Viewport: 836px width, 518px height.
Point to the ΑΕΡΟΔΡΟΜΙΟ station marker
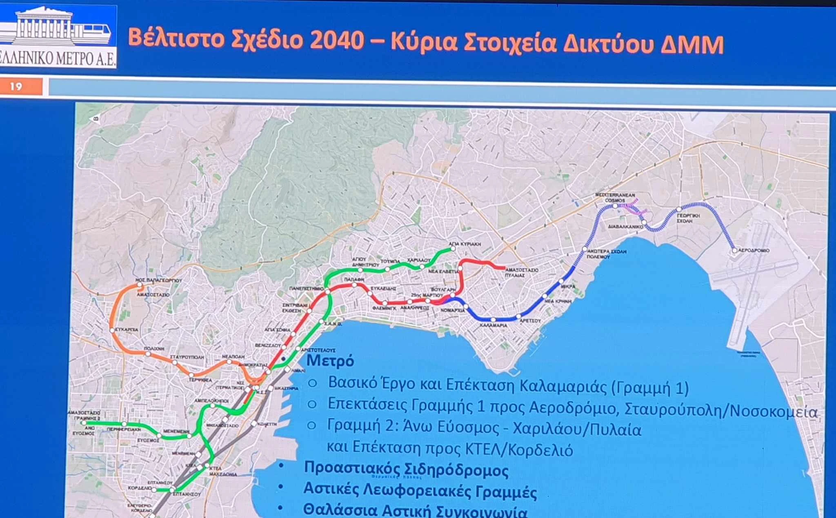click(x=734, y=250)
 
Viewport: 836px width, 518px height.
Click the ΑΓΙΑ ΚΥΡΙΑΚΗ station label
click(x=465, y=244)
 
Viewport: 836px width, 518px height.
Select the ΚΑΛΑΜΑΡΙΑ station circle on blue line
click(x=493, y=320)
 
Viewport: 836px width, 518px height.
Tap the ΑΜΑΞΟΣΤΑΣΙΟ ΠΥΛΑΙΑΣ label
click(x=521, y=272)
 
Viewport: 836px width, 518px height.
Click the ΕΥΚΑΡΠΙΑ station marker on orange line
click(x=112, y=330)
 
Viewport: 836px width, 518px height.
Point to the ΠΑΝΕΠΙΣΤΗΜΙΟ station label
click(x=306, y=288)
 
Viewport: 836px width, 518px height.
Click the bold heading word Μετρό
click(x=330, y=360)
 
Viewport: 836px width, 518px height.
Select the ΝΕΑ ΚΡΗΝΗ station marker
click(x=545, y=296)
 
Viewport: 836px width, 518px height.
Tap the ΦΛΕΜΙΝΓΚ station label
click(x=384, y=309)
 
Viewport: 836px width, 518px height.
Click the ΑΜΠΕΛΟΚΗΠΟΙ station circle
click(x=213, y=406)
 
